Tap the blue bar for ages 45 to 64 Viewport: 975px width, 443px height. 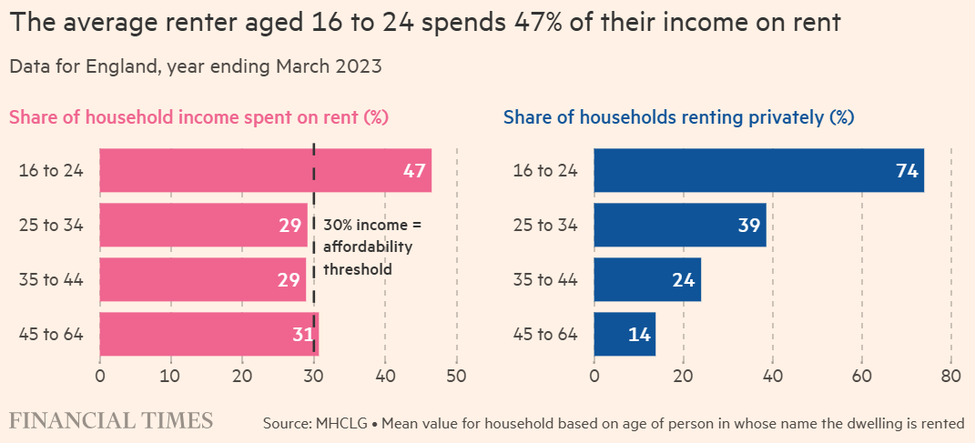coord(625,334)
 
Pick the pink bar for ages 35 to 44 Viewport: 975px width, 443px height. coord(202,279)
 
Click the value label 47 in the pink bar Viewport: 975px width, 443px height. coord(414,171)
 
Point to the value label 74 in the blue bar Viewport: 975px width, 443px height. coord(907,171)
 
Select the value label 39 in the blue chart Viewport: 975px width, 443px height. coord(748,226)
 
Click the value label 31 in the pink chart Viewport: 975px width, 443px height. coord(303,335)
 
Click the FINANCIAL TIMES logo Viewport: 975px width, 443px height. coord(111,420)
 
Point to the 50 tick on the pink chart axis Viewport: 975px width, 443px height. coord(456,375)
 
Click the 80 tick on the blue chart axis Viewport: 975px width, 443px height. coord(950,375)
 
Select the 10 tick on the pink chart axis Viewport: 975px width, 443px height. coord(171,375)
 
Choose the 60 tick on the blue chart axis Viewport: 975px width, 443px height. coord(861,375)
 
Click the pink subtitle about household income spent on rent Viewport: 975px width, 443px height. coord(199,117)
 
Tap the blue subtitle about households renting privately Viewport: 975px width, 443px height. coord(678,117)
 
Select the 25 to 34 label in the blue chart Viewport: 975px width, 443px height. coord(545,225)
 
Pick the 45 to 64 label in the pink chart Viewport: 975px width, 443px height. coord(51,334)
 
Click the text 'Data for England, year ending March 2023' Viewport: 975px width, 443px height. coord(195,65)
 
